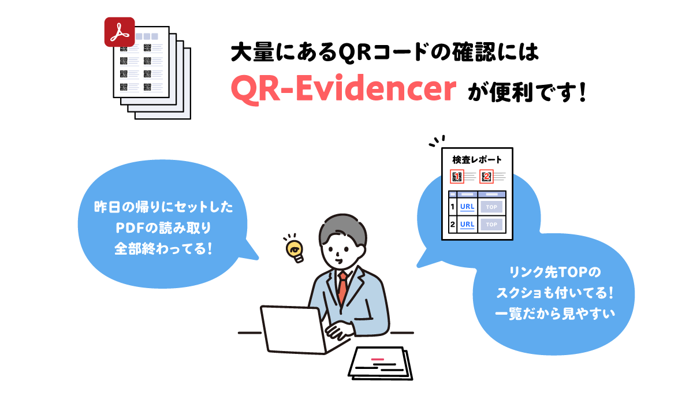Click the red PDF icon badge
click(120, 32)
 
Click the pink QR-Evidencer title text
click(344, 89)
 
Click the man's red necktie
click(342, 288)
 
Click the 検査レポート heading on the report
click(477, 160)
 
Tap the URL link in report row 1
click(467, 207)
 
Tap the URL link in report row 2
click(467, 224)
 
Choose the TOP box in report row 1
click(491, 207)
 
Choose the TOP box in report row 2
click(491, 225)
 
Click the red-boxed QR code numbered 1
click(457, 177)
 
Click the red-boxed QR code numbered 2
click(486, 177)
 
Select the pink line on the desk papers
click(378, 359)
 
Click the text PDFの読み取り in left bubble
click(163, 228)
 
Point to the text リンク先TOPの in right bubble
click(555, 272)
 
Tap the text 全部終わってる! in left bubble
click(163, 249)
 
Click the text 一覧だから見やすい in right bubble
click(555, 314)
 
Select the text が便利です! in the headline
click(527, 92)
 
